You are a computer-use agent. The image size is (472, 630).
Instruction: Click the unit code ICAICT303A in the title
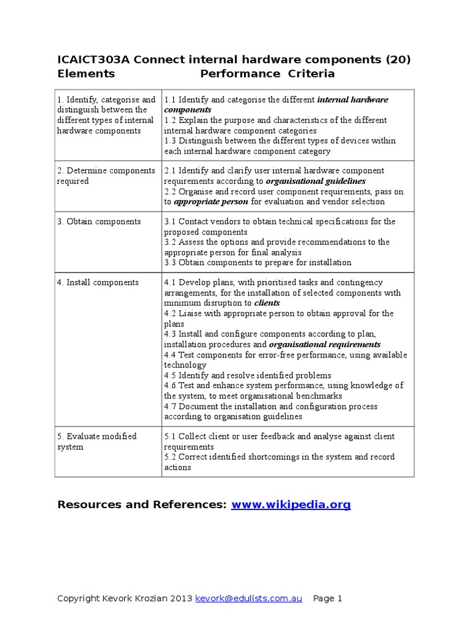93,59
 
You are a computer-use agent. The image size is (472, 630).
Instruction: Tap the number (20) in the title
398,59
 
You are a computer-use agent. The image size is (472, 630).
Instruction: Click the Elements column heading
86,74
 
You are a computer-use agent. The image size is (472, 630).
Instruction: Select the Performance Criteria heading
267,74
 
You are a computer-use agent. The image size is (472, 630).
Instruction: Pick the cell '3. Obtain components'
98,221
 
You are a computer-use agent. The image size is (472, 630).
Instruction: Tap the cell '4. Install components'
98,282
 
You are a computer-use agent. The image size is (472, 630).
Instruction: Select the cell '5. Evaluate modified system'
96,441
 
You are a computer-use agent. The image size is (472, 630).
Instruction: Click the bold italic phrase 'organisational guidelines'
316,181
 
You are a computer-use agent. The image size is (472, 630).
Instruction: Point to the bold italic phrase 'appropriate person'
211,202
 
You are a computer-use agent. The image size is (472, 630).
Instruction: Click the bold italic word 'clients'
267,303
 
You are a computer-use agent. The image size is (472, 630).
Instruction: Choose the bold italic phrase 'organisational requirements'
325,345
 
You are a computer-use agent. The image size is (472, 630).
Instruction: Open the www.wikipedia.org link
291,504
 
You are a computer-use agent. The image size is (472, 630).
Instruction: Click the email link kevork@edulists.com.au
248,599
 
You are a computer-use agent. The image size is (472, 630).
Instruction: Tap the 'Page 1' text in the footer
328,599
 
